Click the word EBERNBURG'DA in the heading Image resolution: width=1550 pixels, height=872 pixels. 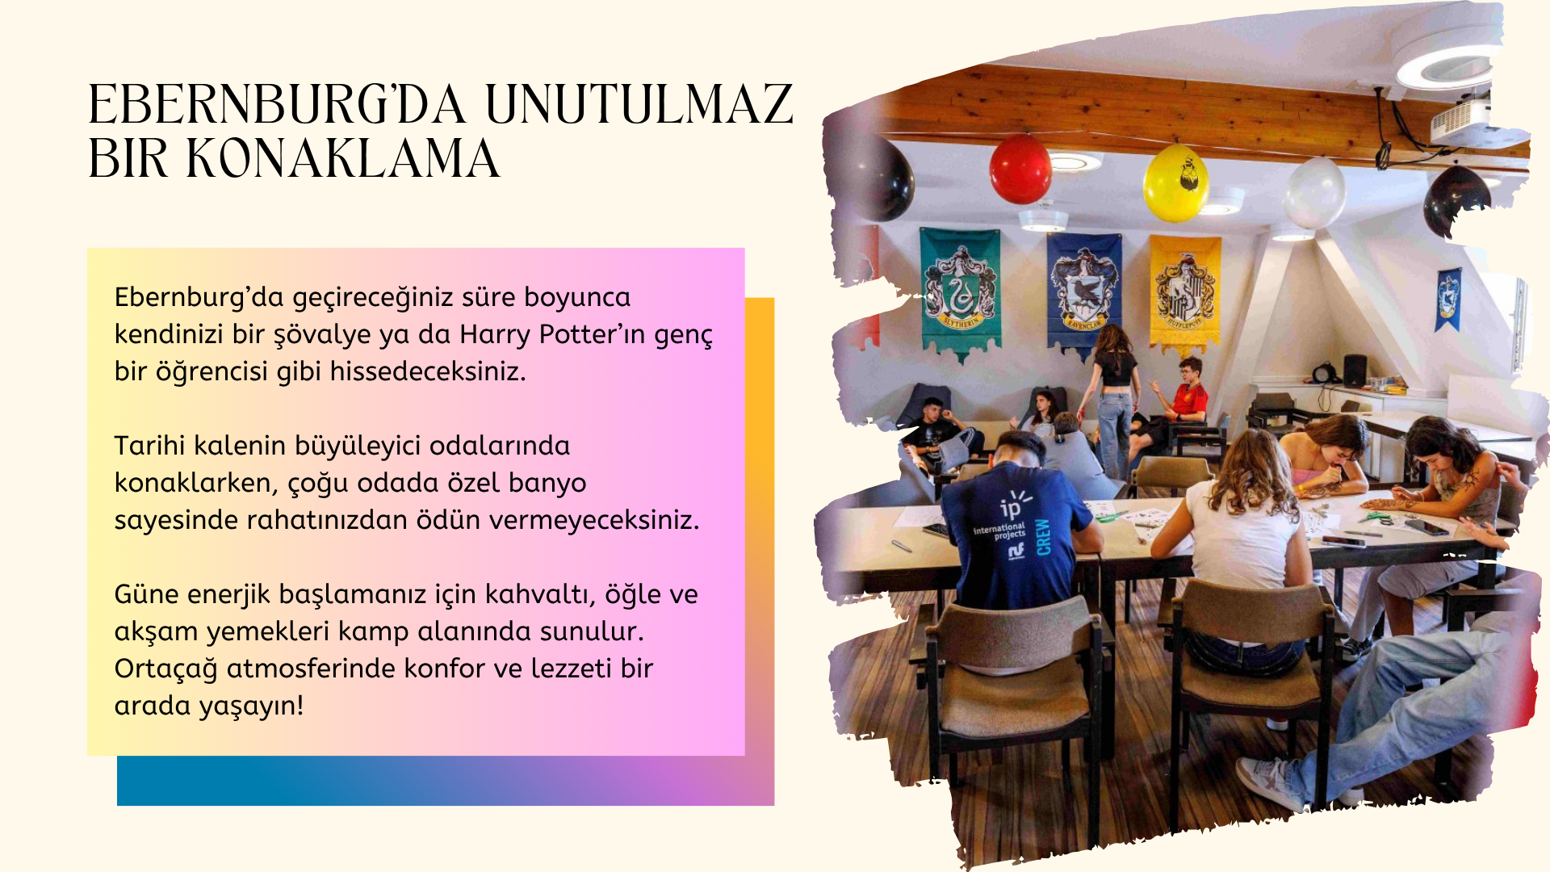pos(277,104)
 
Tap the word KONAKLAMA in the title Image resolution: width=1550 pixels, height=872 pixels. pos(343,158)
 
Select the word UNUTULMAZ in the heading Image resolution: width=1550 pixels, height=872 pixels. pos(639,104)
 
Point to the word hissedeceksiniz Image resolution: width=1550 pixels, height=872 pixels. pos(428,371)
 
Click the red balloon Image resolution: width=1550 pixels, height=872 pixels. pos(1020,169)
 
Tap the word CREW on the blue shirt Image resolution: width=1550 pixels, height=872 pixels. pos(1043,537)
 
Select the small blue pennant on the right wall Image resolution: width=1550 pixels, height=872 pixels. pos(1448,299)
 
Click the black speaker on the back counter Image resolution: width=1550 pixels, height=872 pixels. pos(1355,370)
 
